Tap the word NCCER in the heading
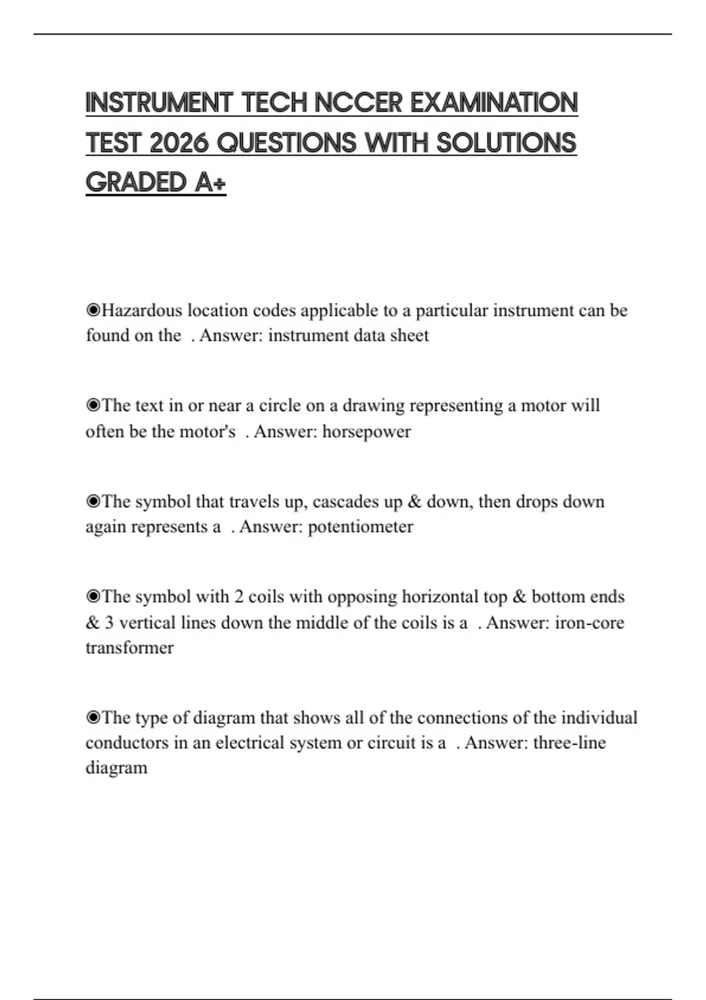(x=358, y=103)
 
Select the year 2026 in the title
(x=179, y=143)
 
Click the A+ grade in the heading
(x=209, y=182)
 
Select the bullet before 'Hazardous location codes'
(x=93, y=310)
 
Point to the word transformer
(x=129, y=648)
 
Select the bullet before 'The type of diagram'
(x=93, y=718)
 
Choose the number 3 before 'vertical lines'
(x=109, y=622)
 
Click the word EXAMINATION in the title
(x=494, y=103)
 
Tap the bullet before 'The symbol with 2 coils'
(x=93, y=597)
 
